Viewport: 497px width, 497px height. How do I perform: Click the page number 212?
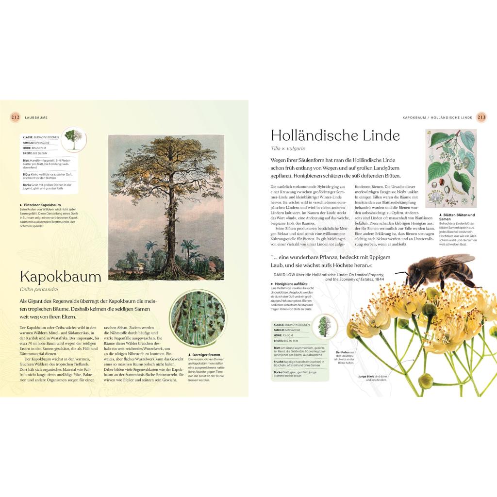(15, 117)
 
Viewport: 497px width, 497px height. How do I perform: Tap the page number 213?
(481, 117)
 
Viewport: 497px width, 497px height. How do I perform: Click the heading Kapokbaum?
(61, 277)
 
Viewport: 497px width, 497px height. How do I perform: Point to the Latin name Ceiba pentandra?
(43, 290)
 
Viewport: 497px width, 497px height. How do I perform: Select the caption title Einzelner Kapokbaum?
(42, 205)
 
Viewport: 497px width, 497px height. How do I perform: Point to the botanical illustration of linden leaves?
(451, 168)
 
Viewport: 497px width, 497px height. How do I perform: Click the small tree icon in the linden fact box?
(325, 326)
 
